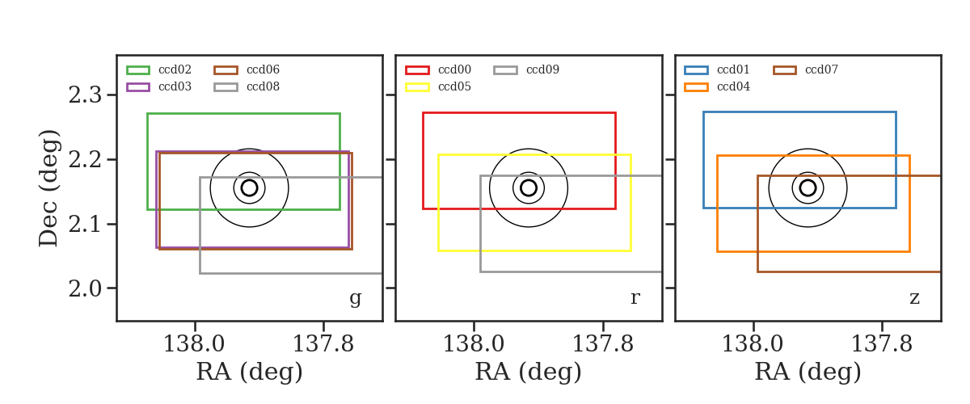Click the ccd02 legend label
(x=175, y=69)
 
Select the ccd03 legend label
(x=175, y=86)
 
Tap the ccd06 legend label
(x=263, y=69)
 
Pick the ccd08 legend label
(x=263, y=86)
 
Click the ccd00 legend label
(x=454, y=69)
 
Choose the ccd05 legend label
(x=454, y=86)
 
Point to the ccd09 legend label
(x=542, y=69)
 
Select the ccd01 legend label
(x=733, y=69)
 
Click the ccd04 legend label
(x=734, y=86)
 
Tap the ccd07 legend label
(x=821, y=69)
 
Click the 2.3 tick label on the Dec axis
(x=85, y=95)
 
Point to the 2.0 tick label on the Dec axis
(x=85, y=288)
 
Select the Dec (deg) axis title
(x=48, y=188)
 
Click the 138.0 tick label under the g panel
(x=194, y=344)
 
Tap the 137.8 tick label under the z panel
(x=882, y=344)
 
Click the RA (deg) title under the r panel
(x=529, y=372)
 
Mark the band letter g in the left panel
(x=355, y=298)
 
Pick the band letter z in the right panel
(x=914, y=298)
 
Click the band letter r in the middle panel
(x=635, y=298)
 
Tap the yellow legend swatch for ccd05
(x=417, y=87)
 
